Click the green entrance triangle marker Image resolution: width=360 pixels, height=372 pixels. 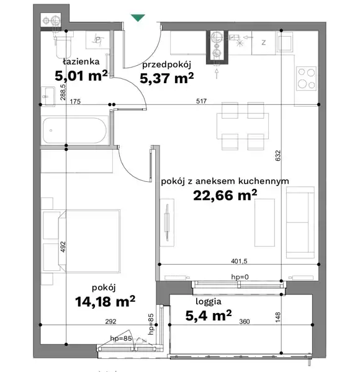(x=138, y=17)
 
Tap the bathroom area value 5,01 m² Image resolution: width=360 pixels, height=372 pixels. (x=81, y=76)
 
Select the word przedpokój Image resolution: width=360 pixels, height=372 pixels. (x=166, y=65)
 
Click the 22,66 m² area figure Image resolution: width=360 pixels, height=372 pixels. (x=225, y=196)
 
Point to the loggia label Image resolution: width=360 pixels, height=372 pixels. (x=209, y=302)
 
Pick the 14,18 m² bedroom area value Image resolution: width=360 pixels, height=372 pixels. (x=105, y=301)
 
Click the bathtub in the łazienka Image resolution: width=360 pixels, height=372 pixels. (x=74, y=130)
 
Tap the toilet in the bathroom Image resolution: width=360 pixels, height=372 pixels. (x=63, y=47)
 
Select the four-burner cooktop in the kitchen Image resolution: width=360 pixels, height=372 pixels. (x=306, y=78)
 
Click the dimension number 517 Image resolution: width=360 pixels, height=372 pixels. (x=201, y=101)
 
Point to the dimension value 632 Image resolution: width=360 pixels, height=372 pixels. (x=278, y=156)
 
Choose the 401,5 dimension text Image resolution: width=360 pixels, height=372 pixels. (x=239, y=261)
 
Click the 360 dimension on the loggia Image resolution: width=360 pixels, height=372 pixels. (x=245, y=322)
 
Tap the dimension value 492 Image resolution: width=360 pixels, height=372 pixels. (x=63, y=247)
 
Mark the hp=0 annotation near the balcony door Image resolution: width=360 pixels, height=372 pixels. (x=240, y=277)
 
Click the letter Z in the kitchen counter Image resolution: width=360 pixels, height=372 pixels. (x=263, y=43)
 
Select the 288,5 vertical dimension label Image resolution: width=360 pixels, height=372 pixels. (x=63, y=93)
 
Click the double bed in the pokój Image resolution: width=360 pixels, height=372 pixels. (x=89, y=241)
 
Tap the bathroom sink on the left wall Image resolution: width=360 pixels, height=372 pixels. (x=48, y=96)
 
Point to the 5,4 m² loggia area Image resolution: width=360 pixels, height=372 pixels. (x=209, y=315)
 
